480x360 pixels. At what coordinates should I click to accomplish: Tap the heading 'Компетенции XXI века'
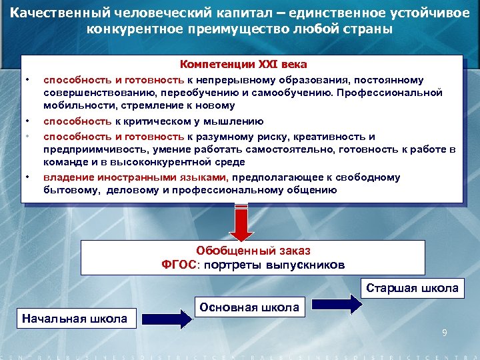tap(243, 65)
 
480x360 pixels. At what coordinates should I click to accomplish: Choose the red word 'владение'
tap(64, 177)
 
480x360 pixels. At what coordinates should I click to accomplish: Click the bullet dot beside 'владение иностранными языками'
tap(27, 177)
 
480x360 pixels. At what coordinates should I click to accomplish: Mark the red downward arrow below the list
tap(241, 222)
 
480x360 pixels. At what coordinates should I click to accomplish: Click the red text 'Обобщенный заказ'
tap(253, 251)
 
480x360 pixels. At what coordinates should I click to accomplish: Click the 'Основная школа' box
tap(249, 307)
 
